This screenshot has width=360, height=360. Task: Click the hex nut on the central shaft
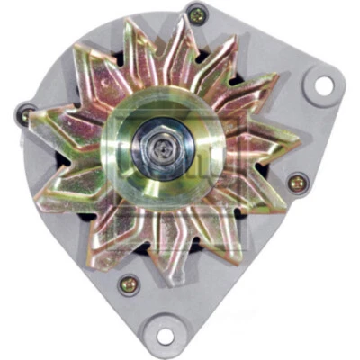(x=161, y=143)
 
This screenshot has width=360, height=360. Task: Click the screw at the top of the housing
(x=196, y=13)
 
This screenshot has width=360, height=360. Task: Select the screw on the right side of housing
(x=298, y=183)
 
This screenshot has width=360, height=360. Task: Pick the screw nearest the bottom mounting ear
(x=129, y=285)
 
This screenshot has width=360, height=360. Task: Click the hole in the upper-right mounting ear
(x=322, y=85)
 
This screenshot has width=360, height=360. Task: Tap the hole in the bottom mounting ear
(x=165, y=336)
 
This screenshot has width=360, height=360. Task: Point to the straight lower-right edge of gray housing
(x=270, y=270)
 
